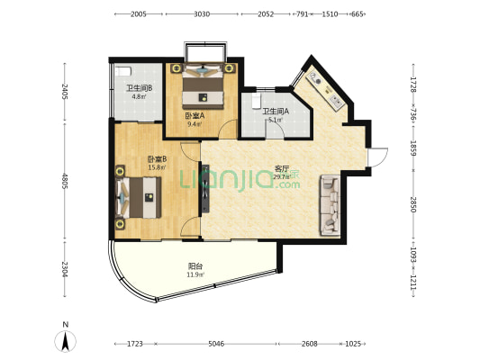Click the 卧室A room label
[x=195, y=116]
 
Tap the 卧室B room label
[x=157, y=159]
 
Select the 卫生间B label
[x=140, y=88]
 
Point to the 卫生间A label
[x=276, y=112]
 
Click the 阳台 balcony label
[x=195, y=266]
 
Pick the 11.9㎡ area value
[x=195, y=274]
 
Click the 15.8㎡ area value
[x=157, y=167]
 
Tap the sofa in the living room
[x=330, y=205]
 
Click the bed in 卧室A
[x=203, y=85]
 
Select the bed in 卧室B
[x=139, y=197]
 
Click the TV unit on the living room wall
[x=205, y=188]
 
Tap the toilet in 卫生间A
[x=256, y=101]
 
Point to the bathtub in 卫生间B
[x=123, y=71]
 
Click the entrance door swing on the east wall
[x=377, y=157]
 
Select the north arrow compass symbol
[x=65, y=341]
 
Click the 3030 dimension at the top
[x=202, y=14]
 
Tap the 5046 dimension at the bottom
[x=216, y=344]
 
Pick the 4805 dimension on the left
[x=65, y=181]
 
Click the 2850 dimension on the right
[x=413, y=204]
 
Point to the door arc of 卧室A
[x=226, y=124]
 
